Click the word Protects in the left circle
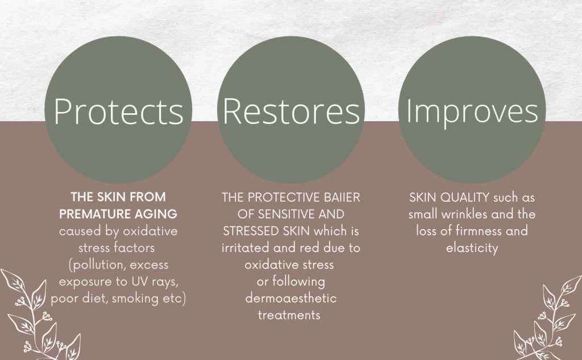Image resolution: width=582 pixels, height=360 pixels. point(118,111)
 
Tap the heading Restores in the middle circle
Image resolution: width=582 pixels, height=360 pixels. point(291,111)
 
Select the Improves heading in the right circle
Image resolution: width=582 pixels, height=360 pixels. point(472,112)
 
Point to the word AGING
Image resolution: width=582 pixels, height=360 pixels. point(156,214)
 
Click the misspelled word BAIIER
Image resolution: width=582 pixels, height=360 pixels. point(342,197)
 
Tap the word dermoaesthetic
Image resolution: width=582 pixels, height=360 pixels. point(291,298)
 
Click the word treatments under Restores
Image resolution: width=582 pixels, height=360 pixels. point(289,315)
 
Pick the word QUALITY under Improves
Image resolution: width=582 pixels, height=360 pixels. point(464,197)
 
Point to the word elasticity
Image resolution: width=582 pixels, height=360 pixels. point(472,248)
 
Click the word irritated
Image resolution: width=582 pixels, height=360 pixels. point(245,248)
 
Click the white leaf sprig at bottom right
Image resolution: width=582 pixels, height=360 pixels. point(548,318)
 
